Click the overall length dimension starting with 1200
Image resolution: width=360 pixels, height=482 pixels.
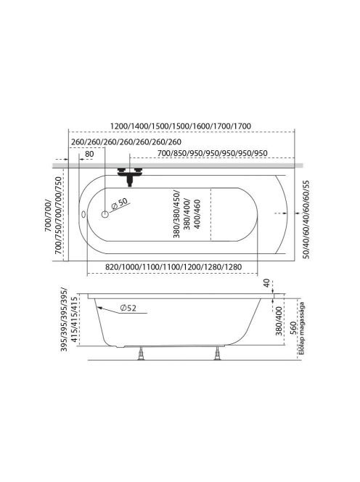click(x=181, y=126)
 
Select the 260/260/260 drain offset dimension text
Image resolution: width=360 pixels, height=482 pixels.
click(x=126, y=142)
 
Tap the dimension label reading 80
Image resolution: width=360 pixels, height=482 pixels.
click(x=89, y=154)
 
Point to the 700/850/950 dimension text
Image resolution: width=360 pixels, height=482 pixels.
click(x=212, y=153)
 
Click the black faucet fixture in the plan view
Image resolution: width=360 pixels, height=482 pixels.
click(x=130, y=176)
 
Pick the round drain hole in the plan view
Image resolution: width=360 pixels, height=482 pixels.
click(x=105, y=214)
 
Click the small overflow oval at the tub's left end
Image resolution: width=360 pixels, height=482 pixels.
click(x=83, y=214)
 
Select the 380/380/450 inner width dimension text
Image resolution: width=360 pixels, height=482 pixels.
click(x=187, y=214)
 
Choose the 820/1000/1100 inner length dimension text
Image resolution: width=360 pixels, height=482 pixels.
click(x=173, y=267)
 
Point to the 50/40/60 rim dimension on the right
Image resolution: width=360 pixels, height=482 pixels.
click(x=306, y=219)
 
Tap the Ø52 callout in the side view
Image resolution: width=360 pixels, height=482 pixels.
click(x=128, y=308)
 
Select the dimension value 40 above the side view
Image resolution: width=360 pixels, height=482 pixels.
click(x=266, y=283)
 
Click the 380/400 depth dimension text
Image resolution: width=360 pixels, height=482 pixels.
click(x=279, y=321)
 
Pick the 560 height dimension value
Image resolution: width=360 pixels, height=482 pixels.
click(x=293, y=327)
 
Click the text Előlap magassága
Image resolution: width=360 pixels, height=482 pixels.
click(x=302, y=328)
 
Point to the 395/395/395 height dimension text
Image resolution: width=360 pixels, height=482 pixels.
click(x=69, y=319)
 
